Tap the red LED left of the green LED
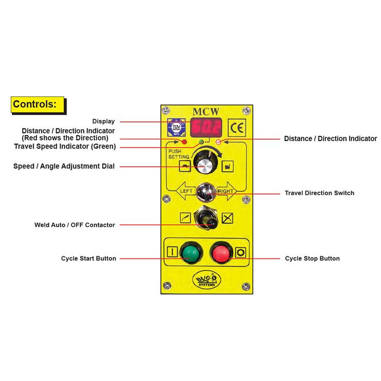point(185,142)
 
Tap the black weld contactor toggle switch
point(205,219)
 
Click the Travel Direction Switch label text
point(319,193)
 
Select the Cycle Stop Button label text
point(312,259)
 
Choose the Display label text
point(103,121)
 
